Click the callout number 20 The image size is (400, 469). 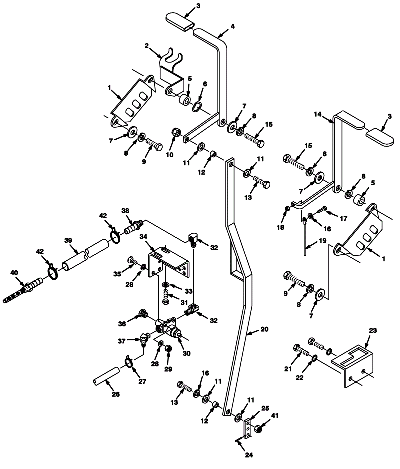pos(264,329)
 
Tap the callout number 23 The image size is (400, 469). pos(373,330)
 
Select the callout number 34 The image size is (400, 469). pos(143,236)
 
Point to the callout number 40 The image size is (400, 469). pos(14,273)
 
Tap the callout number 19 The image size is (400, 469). pos(323,241)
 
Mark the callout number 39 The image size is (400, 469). pos(68,240)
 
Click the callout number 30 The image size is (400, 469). pos(187,353)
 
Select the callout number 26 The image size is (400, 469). pos(116,394)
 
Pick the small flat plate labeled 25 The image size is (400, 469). pos(247,428)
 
